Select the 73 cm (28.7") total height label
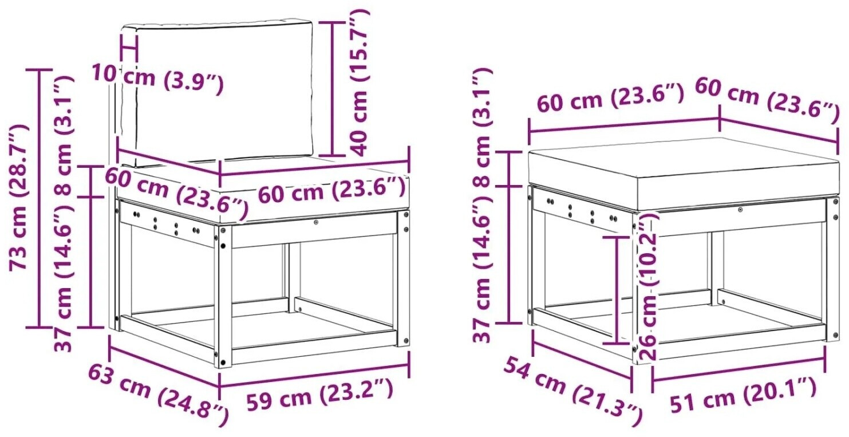18,197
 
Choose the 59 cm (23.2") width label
319,396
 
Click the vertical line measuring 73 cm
39,198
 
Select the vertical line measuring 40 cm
333,89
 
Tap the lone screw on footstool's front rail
740,210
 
